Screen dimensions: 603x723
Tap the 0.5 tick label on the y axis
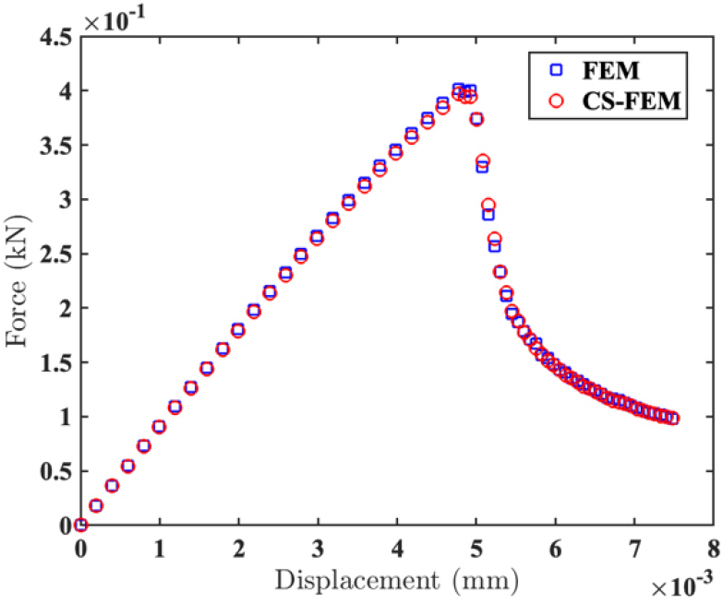[54, 471]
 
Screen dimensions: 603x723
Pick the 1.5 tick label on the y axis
[54, 362]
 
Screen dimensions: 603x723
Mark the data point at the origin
[81, 525]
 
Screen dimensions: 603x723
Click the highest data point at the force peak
[458, 89]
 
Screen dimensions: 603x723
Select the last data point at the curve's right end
[672, 419]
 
